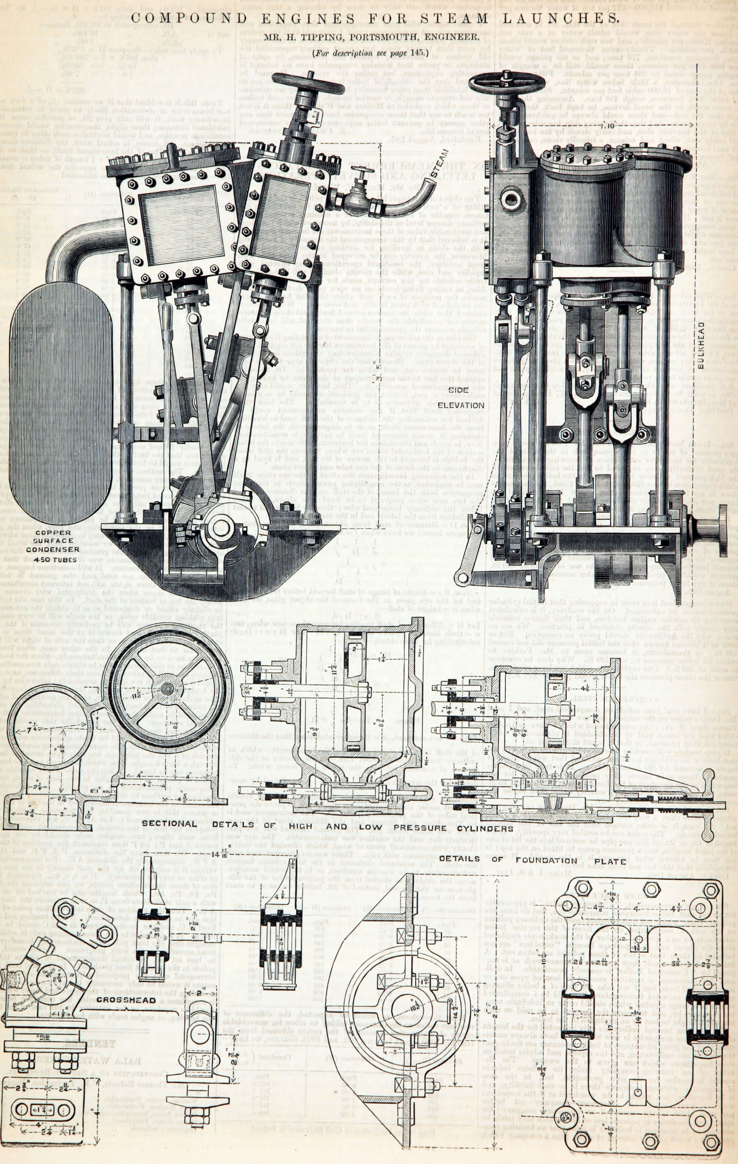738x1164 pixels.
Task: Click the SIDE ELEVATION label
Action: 466,398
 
